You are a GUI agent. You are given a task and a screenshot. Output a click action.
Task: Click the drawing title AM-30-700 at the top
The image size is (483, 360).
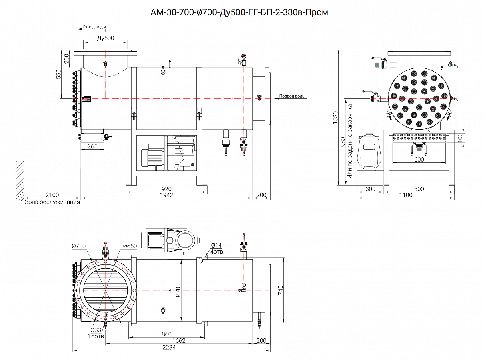click(239, 12)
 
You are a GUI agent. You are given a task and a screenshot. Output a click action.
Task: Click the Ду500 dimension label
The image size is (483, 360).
click(106, 38)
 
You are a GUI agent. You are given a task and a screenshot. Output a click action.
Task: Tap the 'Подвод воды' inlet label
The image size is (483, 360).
click(292, 96)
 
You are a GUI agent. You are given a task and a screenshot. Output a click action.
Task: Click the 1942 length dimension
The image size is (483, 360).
click(166, 195)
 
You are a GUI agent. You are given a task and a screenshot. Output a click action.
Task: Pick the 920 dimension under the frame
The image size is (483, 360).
click(166, 189)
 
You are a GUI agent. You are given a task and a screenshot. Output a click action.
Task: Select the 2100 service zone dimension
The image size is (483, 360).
click(52, 195)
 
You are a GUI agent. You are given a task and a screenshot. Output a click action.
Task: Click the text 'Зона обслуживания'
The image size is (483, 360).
click(52, 202)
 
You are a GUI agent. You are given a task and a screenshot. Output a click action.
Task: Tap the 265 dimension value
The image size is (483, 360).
click(92, 146)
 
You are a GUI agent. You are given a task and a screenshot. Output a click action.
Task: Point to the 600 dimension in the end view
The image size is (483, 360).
click(419, 160)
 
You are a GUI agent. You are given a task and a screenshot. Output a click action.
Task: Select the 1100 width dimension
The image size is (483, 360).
click(405, 195)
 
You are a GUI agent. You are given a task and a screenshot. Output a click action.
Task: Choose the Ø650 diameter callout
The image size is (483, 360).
click(130, 246)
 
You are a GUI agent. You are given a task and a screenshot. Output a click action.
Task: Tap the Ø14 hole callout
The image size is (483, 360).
click(216, 246)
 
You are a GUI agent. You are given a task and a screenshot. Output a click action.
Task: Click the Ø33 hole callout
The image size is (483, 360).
click(96, 330)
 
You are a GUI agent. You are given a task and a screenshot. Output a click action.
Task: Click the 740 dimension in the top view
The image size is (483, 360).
click(280, 289)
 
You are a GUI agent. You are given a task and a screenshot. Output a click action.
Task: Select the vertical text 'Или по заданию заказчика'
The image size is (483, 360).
click(350, 141)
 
